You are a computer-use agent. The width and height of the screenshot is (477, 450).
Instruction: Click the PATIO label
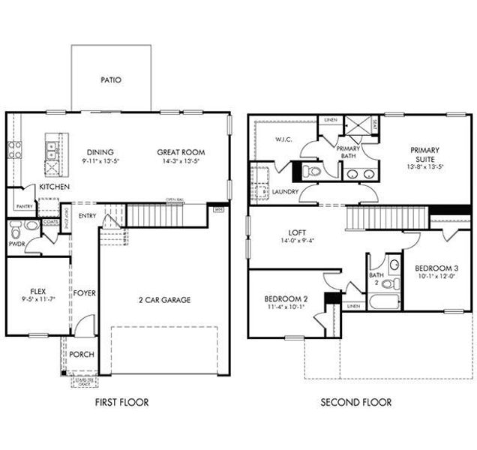tap(111, 79)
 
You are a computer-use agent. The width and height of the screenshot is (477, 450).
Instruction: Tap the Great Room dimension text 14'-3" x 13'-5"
tap(181, 161)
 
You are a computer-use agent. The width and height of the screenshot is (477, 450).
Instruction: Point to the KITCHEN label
tap(55, 187)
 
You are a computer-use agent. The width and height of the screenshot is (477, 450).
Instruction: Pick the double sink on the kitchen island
tap(51, 151)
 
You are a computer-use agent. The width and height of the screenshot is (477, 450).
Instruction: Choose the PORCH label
tap(82, 354)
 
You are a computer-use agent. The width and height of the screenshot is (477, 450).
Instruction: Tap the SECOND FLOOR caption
tap(355, 403)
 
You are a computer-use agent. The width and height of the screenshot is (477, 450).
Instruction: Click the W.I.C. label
tap(283, 139)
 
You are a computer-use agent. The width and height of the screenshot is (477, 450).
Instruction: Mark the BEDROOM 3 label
tap(436, 268)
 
